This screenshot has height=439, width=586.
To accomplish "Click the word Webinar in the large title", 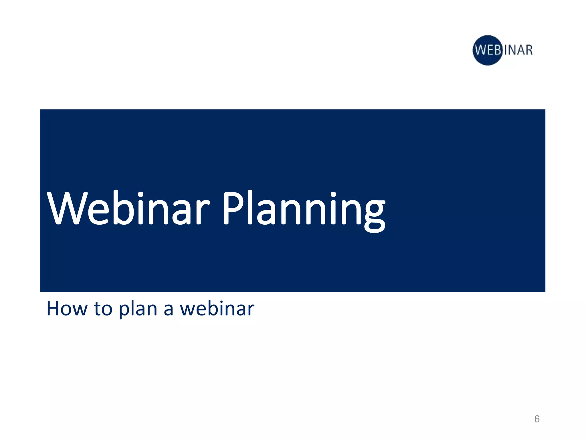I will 128,208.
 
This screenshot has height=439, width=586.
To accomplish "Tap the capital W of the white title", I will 66,208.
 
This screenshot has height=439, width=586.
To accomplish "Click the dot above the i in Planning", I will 333,195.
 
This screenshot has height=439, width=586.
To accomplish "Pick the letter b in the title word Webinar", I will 124,207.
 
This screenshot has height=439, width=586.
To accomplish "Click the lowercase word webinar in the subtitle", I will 217,309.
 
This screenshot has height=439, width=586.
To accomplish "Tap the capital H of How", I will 53,309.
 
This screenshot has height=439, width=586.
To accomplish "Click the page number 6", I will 537,419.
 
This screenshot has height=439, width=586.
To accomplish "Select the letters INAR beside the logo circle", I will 518,50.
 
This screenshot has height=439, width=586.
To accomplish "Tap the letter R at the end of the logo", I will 529,50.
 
